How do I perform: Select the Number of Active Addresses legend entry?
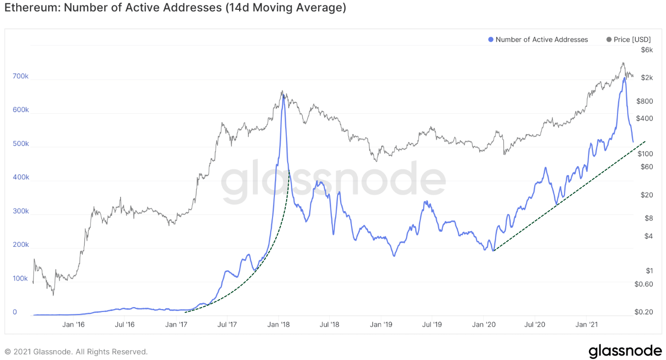[541, 40]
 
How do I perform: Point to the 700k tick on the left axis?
[20, 76]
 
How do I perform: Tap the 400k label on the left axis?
[20, 177]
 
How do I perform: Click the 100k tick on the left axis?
[20, 279]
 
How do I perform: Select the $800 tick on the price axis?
[645, 101]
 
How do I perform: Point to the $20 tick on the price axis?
[647, 195]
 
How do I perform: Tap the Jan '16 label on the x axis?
[74, 324]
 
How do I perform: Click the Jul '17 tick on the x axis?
[227, 324]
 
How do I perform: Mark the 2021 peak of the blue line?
[624, 78]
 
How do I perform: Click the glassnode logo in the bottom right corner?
[625, 351]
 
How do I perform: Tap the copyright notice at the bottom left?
[76, 352]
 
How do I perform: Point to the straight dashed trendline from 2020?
[568, 196]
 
